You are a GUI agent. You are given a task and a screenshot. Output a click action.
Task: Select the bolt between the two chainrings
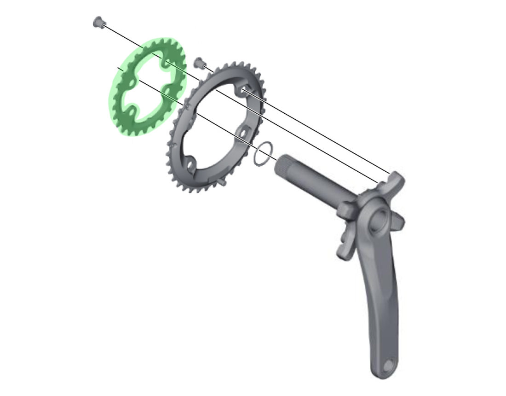[199, 62]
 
